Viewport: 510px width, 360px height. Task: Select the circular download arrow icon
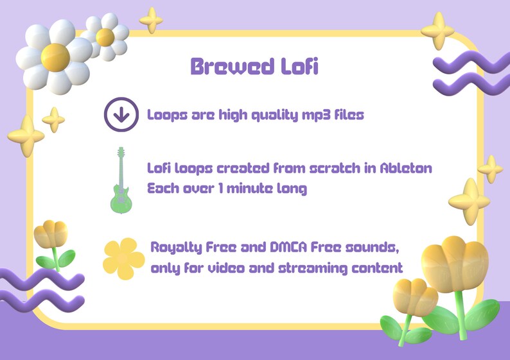tap(121, 115)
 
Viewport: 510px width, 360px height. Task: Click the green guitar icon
tap(119, 180)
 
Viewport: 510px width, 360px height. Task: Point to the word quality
tap(256, 116)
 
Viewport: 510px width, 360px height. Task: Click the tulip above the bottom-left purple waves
tap(51, 236)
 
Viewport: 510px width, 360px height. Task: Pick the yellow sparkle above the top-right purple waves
tap(442, 30)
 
